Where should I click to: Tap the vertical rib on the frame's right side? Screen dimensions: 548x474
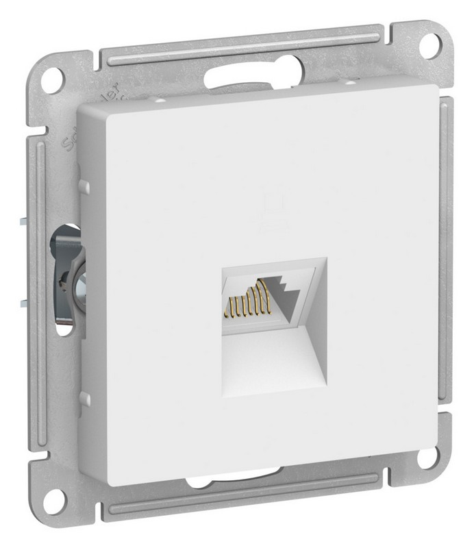pos(446,274)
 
